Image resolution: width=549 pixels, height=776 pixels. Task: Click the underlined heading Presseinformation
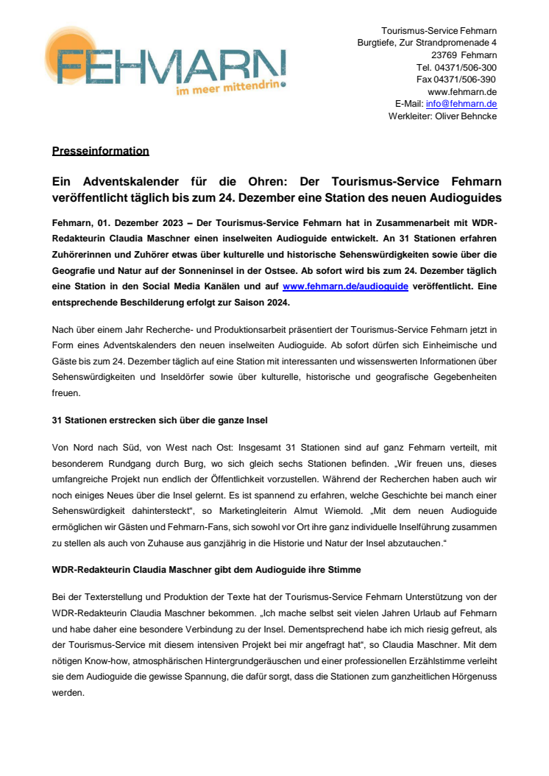(100, 151)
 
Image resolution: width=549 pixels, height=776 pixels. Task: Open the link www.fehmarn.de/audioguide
(345, 286)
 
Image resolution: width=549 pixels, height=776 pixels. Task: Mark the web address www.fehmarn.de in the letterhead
(462, 92)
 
